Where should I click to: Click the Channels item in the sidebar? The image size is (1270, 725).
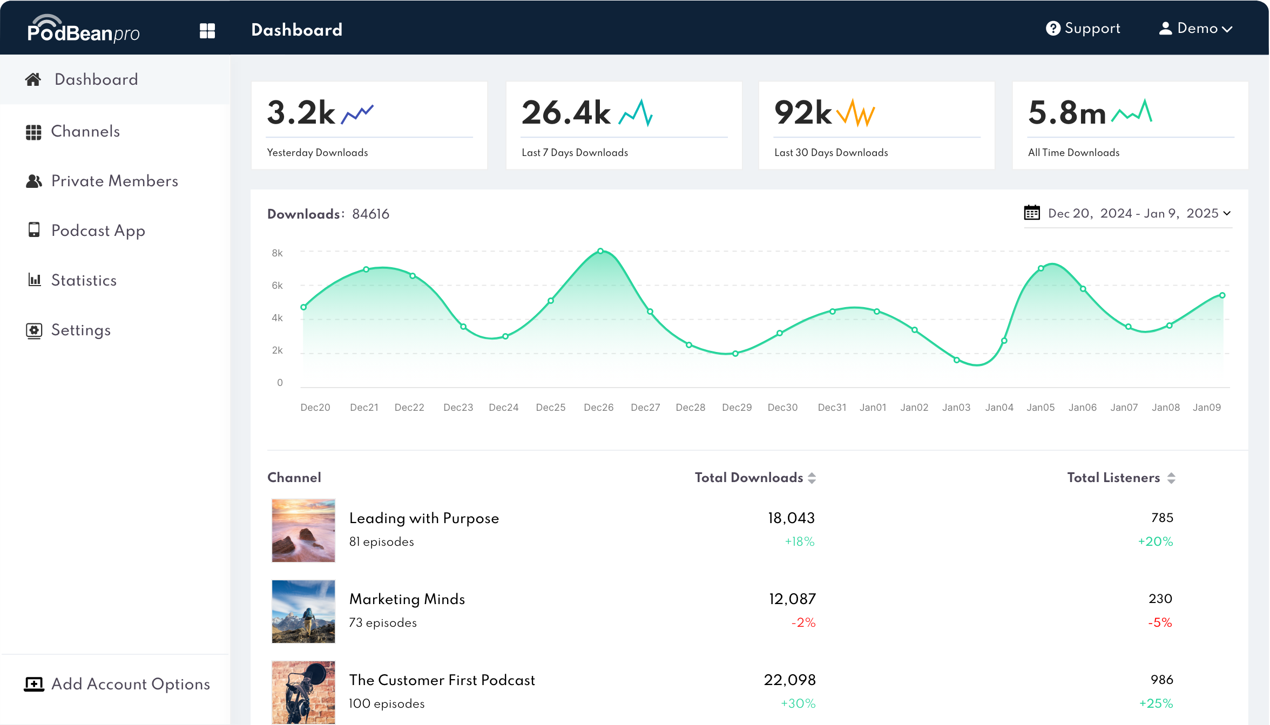tap(85, 132)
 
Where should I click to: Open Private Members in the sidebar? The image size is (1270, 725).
tap(114, 181)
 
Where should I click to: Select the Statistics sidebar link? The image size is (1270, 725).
tap(84, 281)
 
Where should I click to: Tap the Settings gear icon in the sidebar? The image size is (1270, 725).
tap(34, 330)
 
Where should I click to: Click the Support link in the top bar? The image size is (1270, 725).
tap(1083, 29)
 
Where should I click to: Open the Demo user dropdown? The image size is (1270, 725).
tap(1195, 29)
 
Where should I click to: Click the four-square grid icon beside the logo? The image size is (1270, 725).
tap(207, 31)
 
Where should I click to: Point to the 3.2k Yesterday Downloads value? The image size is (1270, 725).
tap(301, 113)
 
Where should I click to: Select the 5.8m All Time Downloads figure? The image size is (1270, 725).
tap(1067, 113)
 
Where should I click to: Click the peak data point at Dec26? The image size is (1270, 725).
tap(600, 251)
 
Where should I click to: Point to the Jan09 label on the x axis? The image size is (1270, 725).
tap(1206, 408)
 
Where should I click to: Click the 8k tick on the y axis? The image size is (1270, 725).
tap(277, 253)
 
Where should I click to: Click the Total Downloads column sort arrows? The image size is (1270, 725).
tap(812, 478)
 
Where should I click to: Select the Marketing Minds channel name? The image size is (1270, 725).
tap(407, 599)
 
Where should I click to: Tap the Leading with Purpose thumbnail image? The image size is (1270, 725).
tap(303, 531)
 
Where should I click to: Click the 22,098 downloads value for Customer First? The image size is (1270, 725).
tap(789, 680)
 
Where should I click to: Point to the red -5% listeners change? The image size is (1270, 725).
tap(1160, 623)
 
